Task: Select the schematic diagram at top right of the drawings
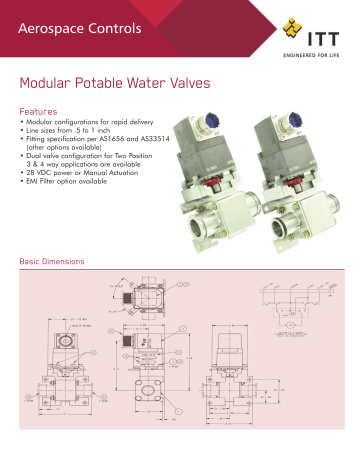pyautogui.click(x=290, y=300)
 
